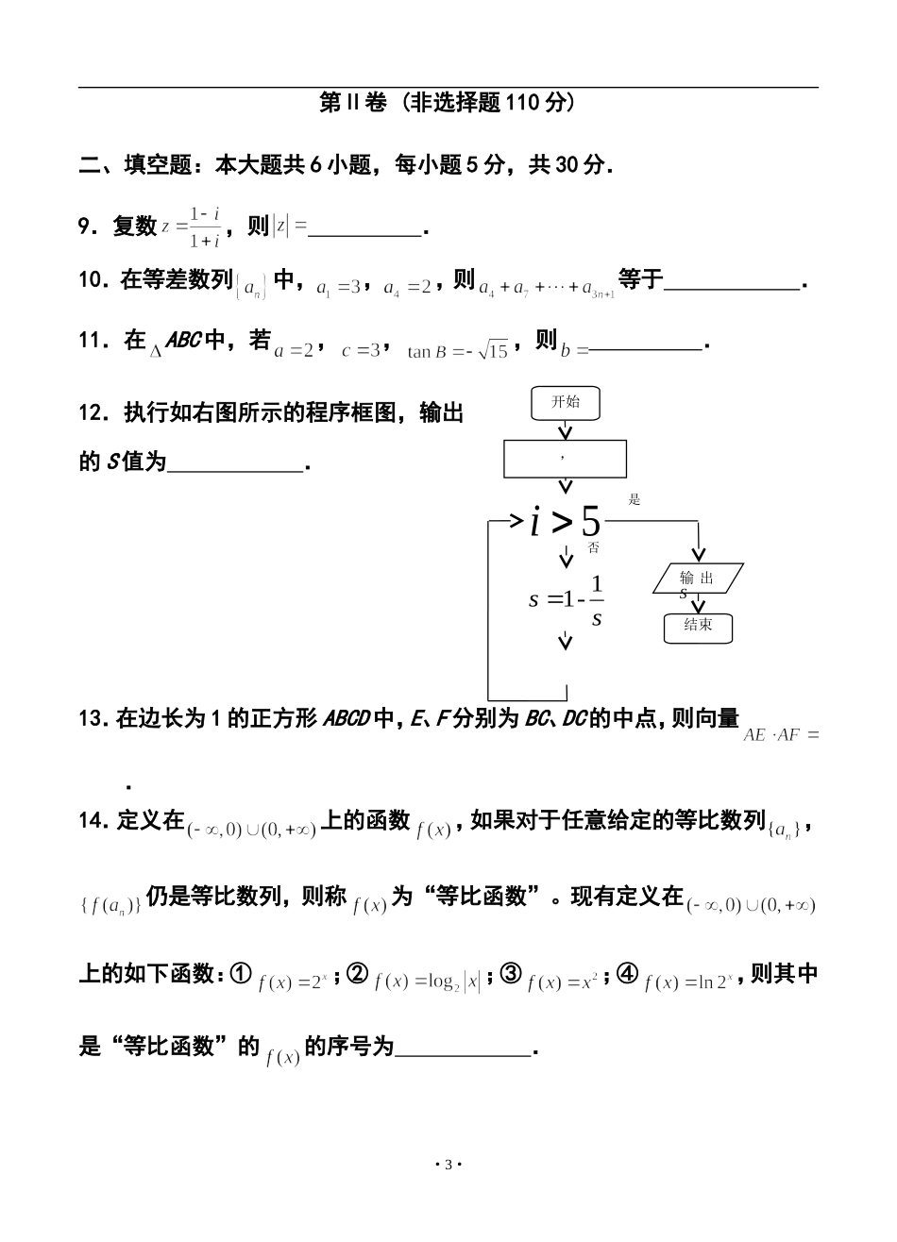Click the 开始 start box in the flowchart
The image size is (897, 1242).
click(x=566, y=403)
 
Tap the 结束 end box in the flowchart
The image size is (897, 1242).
click(x=698, y=627)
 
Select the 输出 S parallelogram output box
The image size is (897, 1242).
click(x=698, y=579)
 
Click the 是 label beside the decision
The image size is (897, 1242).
click(x=635, y=500)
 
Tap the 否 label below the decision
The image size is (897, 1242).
click(x=593, y=548)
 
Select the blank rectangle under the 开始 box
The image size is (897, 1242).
click(x=566, y=458)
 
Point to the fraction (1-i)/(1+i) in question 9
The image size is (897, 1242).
click(x=204, y=227)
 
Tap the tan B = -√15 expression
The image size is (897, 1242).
click(x=457, y=351)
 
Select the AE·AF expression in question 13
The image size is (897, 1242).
click(x=780, y=734)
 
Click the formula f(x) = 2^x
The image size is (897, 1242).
click(x=293, y=982)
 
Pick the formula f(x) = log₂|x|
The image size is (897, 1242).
click(x=427, y=982)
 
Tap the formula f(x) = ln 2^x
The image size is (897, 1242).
click(x=688, y=982)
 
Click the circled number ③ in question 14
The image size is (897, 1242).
click(x=511, y=974)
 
